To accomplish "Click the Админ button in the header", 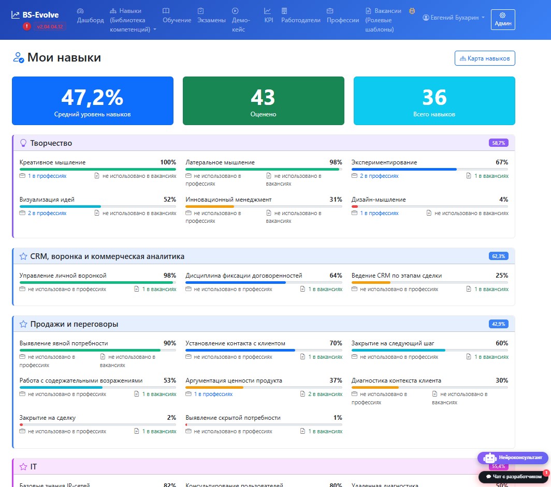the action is click(503, 20).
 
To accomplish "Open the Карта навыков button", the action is click(485, 58).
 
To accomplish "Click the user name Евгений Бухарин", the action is click(454, 18).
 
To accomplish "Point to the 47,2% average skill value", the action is click(92, 97).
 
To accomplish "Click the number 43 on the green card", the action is click(263, 97).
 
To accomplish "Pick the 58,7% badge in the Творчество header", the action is click(498, 143).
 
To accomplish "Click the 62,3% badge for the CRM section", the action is click(498, 256).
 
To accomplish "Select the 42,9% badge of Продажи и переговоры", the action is click(498, 324).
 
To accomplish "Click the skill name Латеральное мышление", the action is click(220, 162).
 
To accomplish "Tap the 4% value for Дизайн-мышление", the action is click(503, 200).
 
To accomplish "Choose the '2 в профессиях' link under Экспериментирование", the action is click(379, 176).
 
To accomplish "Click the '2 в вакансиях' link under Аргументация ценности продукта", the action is click(325, 394).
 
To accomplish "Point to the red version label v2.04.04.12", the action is click(50, 27).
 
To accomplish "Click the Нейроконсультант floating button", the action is click(513, 458).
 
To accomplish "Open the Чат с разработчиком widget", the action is click(513, 477).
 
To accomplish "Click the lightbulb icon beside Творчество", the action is click(23, 143).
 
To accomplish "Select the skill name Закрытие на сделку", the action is click(48, 418).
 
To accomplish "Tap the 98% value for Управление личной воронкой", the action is click(170, 276).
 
